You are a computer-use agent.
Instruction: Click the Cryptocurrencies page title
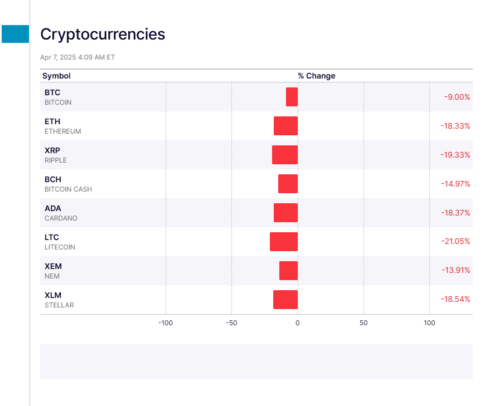pyautogui.click(x=103, y=35)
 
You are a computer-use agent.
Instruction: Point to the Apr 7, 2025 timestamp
pyautogui.click(x=77, y=57)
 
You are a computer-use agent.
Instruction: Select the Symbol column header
pyautogui.click(x=56, y=76)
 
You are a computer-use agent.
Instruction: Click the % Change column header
pyautogui.click(x=316, y=76)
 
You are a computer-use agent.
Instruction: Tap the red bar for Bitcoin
pyautogui.click(x=292, y=97)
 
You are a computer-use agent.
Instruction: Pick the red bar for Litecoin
pyautogui.click(x=284, y=242)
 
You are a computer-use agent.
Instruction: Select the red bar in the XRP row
pyautogui.click(x=285, y=155)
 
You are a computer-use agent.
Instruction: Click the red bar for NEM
pyautogui.click(x=288, y=271)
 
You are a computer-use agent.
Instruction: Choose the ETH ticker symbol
pyautogui.click(x=52, y=121)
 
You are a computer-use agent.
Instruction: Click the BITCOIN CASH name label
pyautogui.click(x=68, y=189)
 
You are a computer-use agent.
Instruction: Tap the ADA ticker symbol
pyautogui.click(x=53, y=208)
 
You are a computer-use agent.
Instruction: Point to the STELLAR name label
pyautogui.click(x=59, y=305)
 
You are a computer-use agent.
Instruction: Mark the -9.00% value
pyautogui.click(x=457, y=97)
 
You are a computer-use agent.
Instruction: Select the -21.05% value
pyautogui.click(x=456, y=242)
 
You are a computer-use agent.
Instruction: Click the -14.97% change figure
pyautogui.click(x=456, y=184)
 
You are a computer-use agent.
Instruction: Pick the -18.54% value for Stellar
pyautogui.click(x=456, y=300)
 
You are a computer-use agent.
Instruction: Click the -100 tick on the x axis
pyautogui.click(x=166, y=323)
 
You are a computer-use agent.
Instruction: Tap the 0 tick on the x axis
pyautogui.click(x=297, y=323)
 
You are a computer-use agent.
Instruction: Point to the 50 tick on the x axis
pyautogui.click(x=364, y=323)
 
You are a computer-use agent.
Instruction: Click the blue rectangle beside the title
pyautogui.click(x=15, y=34)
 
